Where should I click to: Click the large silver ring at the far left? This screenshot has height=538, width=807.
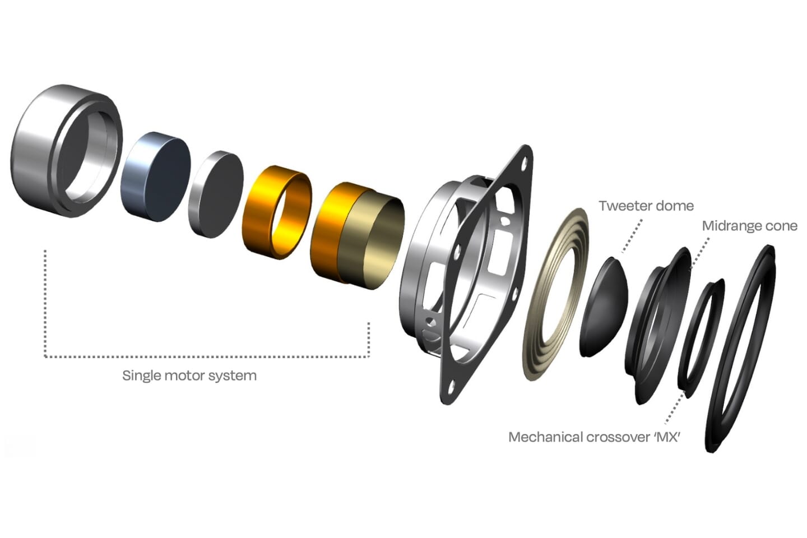point(39,151)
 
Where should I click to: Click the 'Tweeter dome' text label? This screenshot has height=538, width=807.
point(646,206)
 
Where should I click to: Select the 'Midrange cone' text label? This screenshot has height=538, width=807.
point(749,226)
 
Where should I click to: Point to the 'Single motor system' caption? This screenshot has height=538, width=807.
point(189,375)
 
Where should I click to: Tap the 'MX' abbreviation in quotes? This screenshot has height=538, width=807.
point(667,437)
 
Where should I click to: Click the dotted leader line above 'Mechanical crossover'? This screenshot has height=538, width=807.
point(674,409)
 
